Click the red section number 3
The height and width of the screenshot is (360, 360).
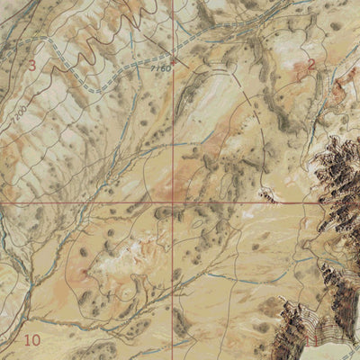tap(32, 65)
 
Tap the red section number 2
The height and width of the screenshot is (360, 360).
tap(311, 65)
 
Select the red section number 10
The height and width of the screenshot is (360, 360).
tap(32, 340)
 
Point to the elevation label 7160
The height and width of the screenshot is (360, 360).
tap(161, 68)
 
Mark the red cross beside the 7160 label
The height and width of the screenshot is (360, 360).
tap(174, 61)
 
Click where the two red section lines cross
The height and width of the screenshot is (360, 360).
tap(174, 202)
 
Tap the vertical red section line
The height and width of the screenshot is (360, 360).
tap(174, 135)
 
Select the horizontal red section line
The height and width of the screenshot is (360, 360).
tap(90, 202)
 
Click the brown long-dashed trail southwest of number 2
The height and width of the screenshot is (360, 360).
tap(270, 99)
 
